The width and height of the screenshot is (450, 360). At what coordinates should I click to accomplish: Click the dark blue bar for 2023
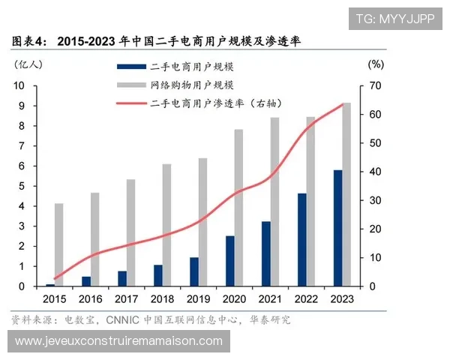tap(337, 228)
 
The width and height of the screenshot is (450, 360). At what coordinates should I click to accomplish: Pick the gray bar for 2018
tap(166, 225)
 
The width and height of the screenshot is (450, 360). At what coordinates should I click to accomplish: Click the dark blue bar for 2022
tap(301, 239)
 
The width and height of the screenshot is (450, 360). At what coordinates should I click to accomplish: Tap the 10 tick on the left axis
tap(21, 85)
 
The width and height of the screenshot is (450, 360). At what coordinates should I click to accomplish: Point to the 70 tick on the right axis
tap(375, 85)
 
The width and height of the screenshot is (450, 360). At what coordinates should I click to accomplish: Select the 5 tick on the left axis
tap(22, 186)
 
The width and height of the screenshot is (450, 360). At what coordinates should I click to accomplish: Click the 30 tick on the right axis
tap(375, 200)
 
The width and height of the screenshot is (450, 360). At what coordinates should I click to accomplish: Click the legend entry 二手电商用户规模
tap(191, 67)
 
